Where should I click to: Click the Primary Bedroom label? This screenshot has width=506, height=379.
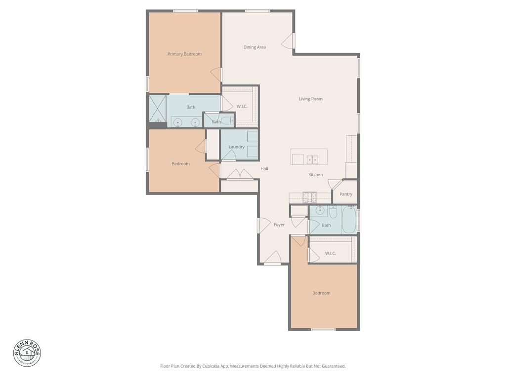click(x=184, y=54)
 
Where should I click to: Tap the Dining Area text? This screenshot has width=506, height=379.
click(x=254, y=47)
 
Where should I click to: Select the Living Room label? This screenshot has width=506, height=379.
click(x=310, y=99)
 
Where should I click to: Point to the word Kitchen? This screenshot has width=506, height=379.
click(x=315, y=175)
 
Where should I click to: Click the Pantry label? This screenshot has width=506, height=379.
click(x=345, y=194)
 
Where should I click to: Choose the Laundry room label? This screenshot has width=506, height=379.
click(x=237, y=147)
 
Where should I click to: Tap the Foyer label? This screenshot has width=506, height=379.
click(x=279, y=225)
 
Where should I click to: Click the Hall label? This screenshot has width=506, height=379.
click(x=264, y=169)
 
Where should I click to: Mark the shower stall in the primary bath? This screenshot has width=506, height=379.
click(x=158, y=109)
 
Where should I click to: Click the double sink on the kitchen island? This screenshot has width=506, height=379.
click(x=312, y=159)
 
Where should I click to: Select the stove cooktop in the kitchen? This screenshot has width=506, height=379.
click(x=310, y=197)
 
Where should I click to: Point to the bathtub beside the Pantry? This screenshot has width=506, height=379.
click(x=349, y=220)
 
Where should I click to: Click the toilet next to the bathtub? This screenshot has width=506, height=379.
click(x=333, y=212)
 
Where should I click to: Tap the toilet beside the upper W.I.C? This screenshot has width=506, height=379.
click(x=227, y=120)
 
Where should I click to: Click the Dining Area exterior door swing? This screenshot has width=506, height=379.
click(x=288, y=42)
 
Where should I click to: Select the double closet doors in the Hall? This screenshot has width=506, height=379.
click(x=240, y=175)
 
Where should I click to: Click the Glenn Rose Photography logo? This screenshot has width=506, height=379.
click(x=27, y=353)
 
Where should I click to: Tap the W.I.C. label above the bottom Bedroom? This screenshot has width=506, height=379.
click(x=330, y=254)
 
